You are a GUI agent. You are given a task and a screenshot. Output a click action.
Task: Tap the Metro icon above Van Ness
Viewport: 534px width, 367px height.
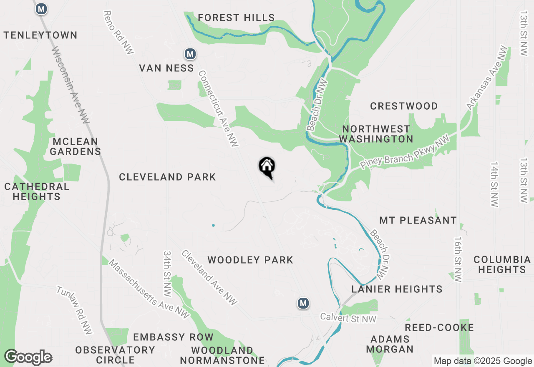[190, 54]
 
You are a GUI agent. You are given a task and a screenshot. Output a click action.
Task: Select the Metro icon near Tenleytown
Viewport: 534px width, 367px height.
[41, 8]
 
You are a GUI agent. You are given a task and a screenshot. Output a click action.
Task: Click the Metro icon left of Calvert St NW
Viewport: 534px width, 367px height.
[303, 303]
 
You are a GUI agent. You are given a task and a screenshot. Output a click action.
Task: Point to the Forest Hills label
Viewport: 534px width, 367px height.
[236, 18]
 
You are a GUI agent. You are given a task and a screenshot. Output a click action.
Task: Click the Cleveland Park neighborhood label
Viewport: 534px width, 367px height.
[167, 177]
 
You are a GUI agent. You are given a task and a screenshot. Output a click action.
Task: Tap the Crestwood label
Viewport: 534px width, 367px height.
[404, 106]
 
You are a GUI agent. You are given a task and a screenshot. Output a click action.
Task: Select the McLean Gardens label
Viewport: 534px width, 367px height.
[76, 146]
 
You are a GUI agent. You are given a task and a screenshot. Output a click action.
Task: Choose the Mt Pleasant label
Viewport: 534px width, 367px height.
[418, 220]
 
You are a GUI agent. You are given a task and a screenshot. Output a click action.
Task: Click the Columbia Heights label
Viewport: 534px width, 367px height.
[502, 264]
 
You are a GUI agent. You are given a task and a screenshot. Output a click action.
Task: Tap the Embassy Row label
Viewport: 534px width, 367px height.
[173, 337]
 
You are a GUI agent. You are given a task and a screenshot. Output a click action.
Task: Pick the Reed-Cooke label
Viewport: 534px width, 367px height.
[439, 327]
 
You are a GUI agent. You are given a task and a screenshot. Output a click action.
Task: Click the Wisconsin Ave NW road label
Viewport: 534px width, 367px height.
[71, 85]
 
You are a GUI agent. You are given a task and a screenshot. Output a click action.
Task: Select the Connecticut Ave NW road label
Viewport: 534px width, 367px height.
[218, 108]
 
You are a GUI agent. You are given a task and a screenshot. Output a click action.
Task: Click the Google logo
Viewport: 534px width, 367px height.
[28, 357]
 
